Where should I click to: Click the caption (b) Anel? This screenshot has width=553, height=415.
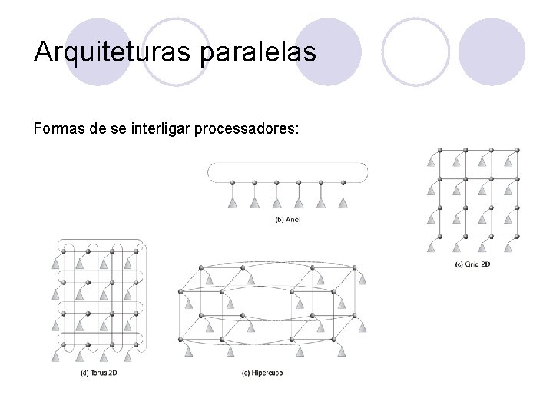coord(287,221)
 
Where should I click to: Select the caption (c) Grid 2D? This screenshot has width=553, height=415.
coord(472,265)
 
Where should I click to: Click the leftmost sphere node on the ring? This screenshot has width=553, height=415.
coord(233,183)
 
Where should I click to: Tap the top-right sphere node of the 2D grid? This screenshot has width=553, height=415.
coord(516,150)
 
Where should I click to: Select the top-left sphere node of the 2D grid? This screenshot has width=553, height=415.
coord(438,150)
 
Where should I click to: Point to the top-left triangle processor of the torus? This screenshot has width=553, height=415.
coord(56,263)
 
